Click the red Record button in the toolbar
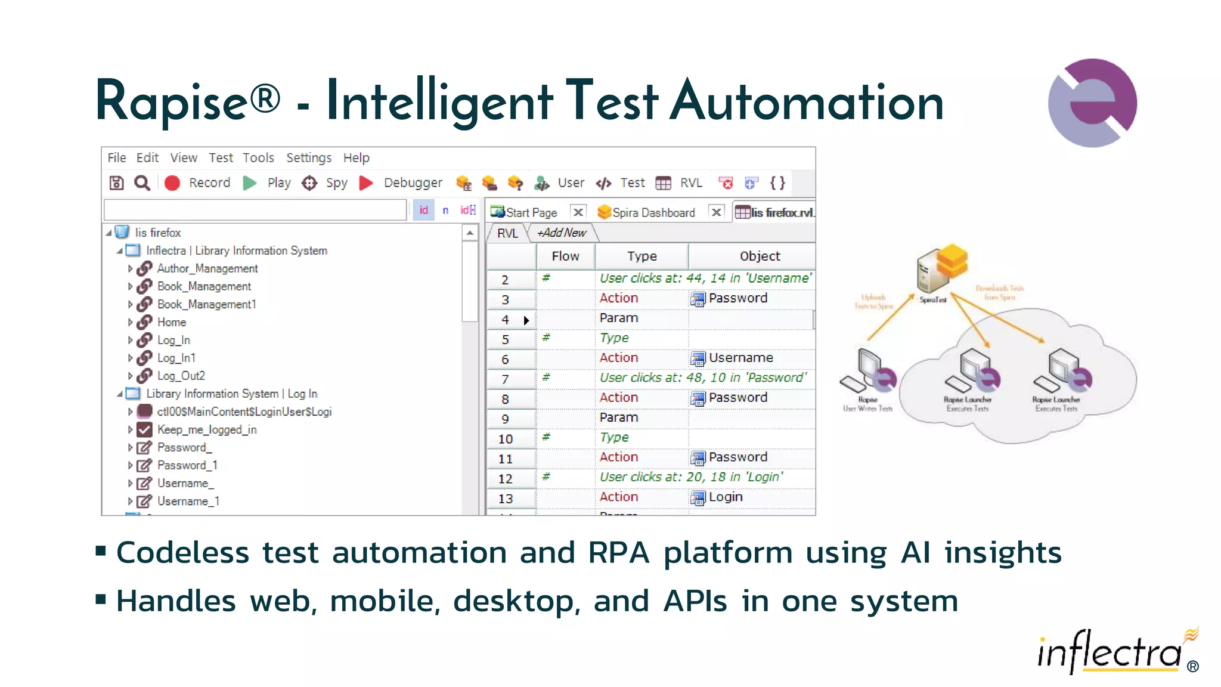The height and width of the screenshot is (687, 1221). pos(172,183)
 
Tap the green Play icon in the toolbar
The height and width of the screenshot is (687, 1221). pos(250,183)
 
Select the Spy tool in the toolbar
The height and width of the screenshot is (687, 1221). pos(309,183)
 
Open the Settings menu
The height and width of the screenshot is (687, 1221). pos(308,158)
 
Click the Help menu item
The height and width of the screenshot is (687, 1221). pos(356,158)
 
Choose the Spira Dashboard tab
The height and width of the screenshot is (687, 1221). pos(653,213)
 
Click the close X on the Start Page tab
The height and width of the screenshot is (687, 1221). pos(578,212)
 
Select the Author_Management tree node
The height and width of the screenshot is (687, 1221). pos(207,269)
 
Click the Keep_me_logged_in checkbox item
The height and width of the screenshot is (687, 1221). pos(206,430)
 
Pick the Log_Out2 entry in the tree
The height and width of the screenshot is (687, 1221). pos(181,376)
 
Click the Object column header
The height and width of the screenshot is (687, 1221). pos(760,256)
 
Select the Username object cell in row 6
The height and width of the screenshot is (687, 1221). pos(740,358)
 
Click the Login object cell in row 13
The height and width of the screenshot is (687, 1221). pos(725,497)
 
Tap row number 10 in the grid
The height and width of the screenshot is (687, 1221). pos(506,440)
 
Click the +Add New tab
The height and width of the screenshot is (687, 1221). pos(562,233)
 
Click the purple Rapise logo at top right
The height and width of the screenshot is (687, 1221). pos(1092,103)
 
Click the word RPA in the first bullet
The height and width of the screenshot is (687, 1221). pos(618,553)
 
